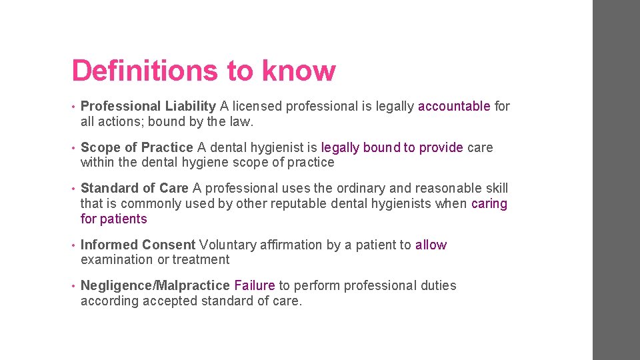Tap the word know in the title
(x=299, y=71)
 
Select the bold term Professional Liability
(x=148, y=106)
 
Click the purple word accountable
(x=454, y=106)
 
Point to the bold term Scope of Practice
(x=137, y=147)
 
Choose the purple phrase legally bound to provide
(x=392, y=147)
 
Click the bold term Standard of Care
(x=135, y=189)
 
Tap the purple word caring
(x=489, y=203)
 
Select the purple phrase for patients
(x=113, y=219)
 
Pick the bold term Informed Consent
(x=138, y=245)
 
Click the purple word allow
(x=431, y=245)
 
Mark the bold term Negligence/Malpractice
(x=155, y=285)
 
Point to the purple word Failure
(x=255, y=285)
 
